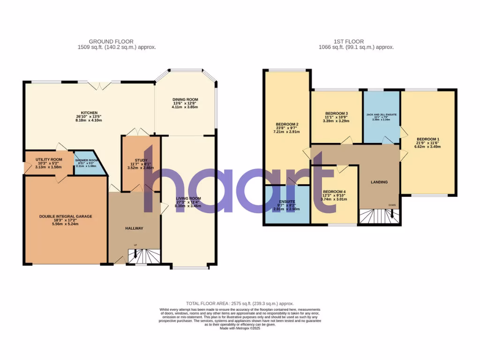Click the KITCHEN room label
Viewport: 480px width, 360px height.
(x=89, y=113)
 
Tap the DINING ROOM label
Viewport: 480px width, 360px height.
(x=185, y=100)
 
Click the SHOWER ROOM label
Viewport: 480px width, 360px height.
(x=85, y=160)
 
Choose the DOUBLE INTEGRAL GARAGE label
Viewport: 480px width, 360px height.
(x=66, y=217)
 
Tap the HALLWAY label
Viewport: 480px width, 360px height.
(x=134, y=228)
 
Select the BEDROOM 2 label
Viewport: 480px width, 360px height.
(x=287, y=124)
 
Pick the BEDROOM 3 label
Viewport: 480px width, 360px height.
(x=336, y=113)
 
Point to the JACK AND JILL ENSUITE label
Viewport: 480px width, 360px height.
(x=381, y=114)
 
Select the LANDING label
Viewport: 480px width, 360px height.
(x=379, y=182)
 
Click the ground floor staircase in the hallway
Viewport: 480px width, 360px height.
(x=144, y=256)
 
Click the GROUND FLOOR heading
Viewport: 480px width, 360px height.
(x=117, y=41)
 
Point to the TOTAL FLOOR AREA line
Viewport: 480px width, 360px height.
(x=240, y=304)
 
